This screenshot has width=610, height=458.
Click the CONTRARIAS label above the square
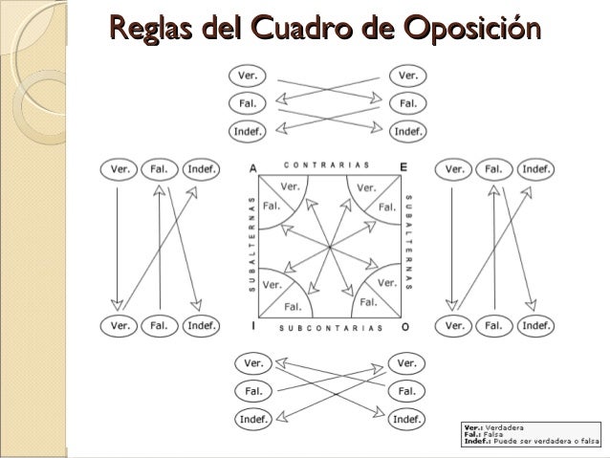328,164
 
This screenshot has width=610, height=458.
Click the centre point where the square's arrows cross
328,246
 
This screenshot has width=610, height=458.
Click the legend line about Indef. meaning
530,440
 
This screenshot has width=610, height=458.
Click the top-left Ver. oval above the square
246,76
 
